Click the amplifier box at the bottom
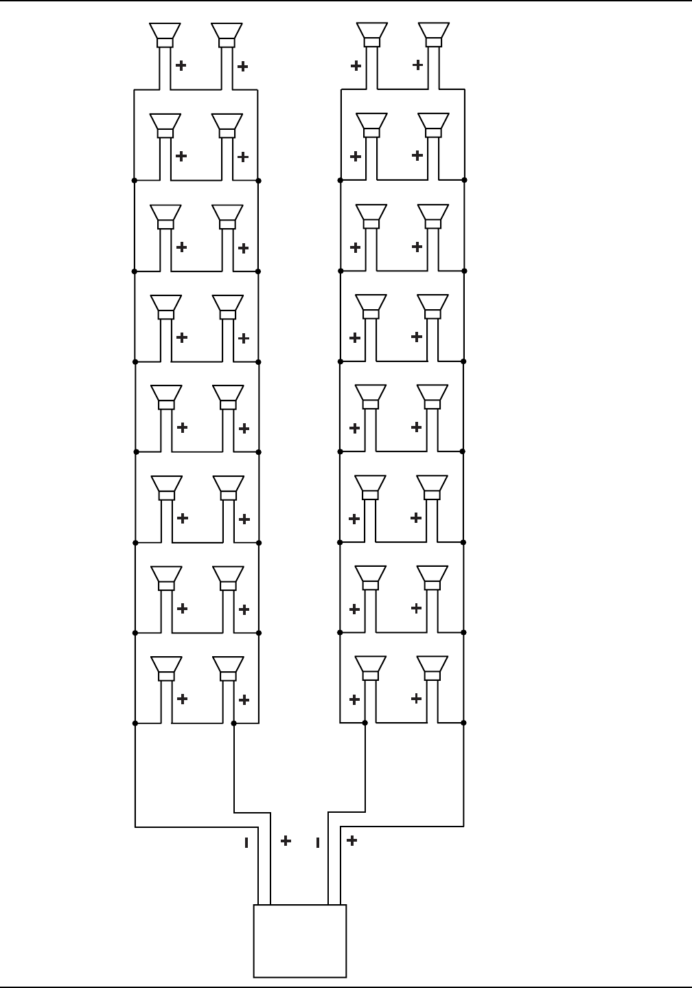(300, 940)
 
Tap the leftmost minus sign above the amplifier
(246, 842)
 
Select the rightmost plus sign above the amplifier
(351, 840)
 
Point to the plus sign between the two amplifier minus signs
(286, 840)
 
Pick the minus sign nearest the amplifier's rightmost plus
(317, 842)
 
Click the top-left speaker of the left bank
(165, 34)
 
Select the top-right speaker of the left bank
(227, 34)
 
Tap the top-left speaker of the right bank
(372, 34)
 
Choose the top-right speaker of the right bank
(434, 34)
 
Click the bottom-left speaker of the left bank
(166, 668)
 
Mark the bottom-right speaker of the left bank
(228, 668)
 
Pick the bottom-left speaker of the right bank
(371, 668)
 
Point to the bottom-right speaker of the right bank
(432, 668)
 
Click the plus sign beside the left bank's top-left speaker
(181, 66)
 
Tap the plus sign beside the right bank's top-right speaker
(417, 65)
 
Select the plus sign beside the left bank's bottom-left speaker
(183, 699)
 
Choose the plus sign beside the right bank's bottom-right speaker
(416, 699)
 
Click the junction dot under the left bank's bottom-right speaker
(234, 723)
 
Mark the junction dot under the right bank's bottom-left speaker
(365, 723)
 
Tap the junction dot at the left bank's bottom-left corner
(135, 723)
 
